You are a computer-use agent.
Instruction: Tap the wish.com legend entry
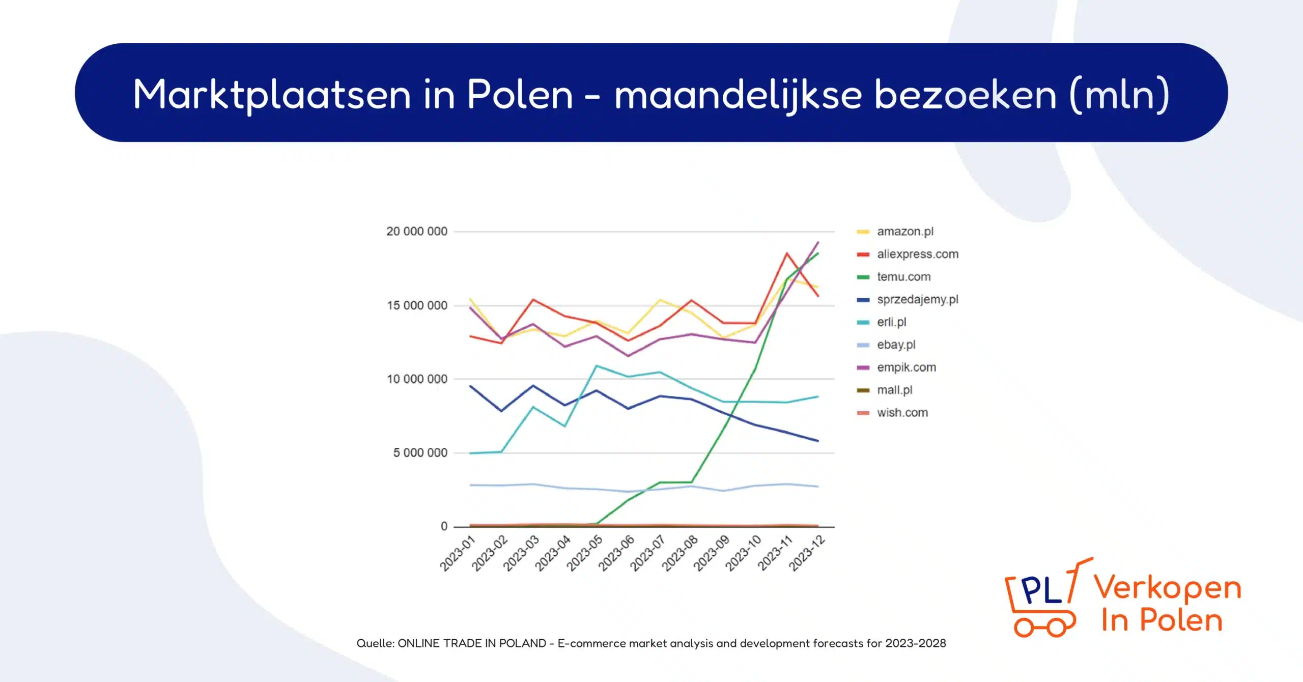click(x=902, y=413)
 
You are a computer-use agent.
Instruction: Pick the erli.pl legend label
click(x=891, y=322)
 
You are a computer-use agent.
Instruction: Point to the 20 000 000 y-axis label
click(x=416, y=232)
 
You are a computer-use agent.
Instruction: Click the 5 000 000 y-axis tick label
click(x=420, y=453)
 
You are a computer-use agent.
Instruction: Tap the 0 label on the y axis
click(x=444, y=527)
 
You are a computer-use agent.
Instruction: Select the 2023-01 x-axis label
click(x=457, y=553)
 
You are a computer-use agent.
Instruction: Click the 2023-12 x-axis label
click(x=806, y=553)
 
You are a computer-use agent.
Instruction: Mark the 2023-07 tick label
click(x=647, y=553)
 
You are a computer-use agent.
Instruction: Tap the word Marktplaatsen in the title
click(x=272, y=95)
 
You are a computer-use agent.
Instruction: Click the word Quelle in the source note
click(x=375, y=643)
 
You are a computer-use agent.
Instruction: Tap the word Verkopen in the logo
click(x=1168, y=588)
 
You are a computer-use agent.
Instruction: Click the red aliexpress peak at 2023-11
click(x=786, y=253)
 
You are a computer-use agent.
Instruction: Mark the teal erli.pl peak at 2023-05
click(x=597, y=366)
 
